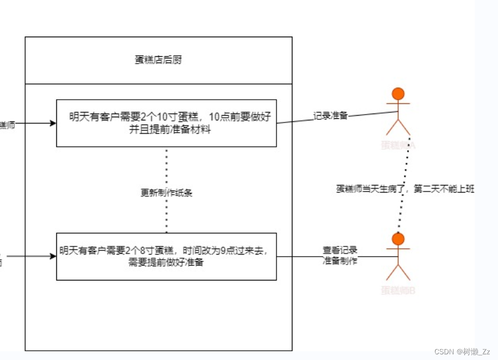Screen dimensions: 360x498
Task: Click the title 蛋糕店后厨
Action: coord(158,60)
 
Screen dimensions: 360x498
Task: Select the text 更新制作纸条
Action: coord(166,193)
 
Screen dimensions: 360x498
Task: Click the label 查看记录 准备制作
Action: coord(340,256)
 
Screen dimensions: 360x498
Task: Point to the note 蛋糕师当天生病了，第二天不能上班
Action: coord(405,189)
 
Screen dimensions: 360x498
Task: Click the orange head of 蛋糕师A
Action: coord(398,93)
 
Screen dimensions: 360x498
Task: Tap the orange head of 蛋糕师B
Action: coord(398,239)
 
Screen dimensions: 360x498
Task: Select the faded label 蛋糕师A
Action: coord(398,145)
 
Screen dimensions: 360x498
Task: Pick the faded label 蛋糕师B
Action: coord(398,290)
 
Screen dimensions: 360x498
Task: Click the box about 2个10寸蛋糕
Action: coord(166,122)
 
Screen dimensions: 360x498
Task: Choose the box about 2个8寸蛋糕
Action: coord(166,256)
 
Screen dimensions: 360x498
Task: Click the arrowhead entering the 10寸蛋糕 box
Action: coord(52,123)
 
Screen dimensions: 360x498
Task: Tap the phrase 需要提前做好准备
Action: coord(166,262)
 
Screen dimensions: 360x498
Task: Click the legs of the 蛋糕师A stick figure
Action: coord(398,128)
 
